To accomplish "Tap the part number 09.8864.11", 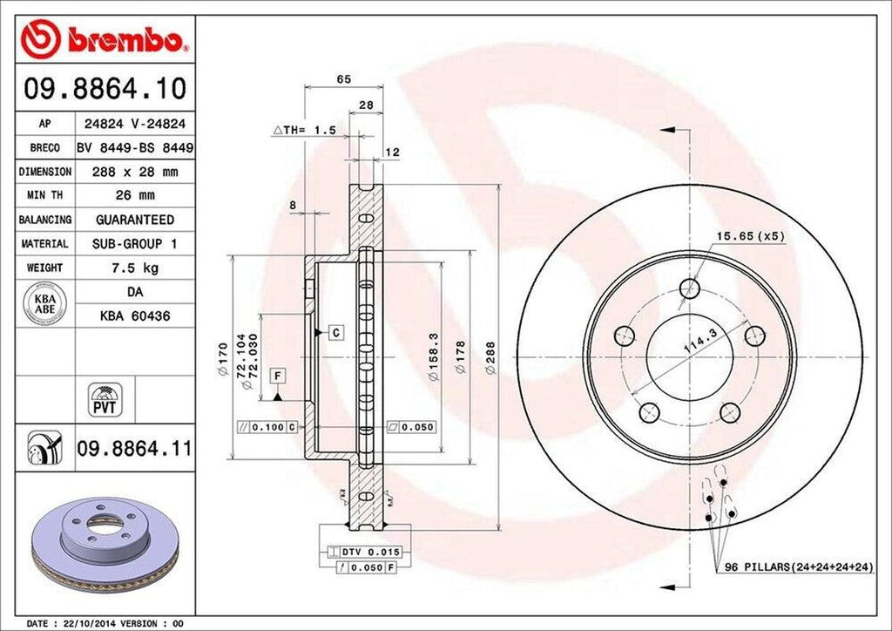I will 135,450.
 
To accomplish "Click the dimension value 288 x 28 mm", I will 134,173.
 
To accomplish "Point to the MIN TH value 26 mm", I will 134,196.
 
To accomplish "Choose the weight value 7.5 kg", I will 134,268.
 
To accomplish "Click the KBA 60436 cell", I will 134,315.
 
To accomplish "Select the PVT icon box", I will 105,400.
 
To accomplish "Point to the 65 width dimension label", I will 343,79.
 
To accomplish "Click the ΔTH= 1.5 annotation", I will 304,130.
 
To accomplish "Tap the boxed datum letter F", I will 278,376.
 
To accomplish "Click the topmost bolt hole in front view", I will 690,287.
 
